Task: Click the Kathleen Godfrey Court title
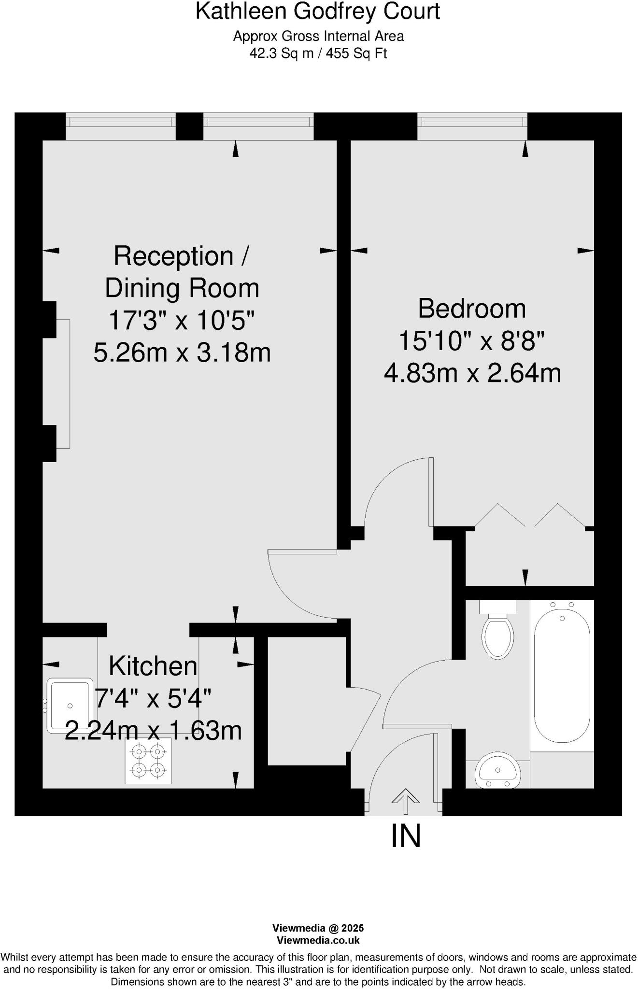(x=317, y=12)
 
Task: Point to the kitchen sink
(x=70, y=705)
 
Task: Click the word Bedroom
(x=471, y=309)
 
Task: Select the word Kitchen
(x=153, y=666)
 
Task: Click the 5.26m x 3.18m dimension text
(x=182, y=353)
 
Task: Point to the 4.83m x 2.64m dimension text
(x=472, y=373)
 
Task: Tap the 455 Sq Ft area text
(x=356, y=53)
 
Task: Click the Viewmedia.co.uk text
(x=318, y=940)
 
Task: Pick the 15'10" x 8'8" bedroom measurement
(x=471, y=341)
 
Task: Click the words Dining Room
(x=182, y=288)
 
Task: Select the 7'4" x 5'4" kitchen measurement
(x=153, y=698)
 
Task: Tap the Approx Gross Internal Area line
(x=318, y=36)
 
